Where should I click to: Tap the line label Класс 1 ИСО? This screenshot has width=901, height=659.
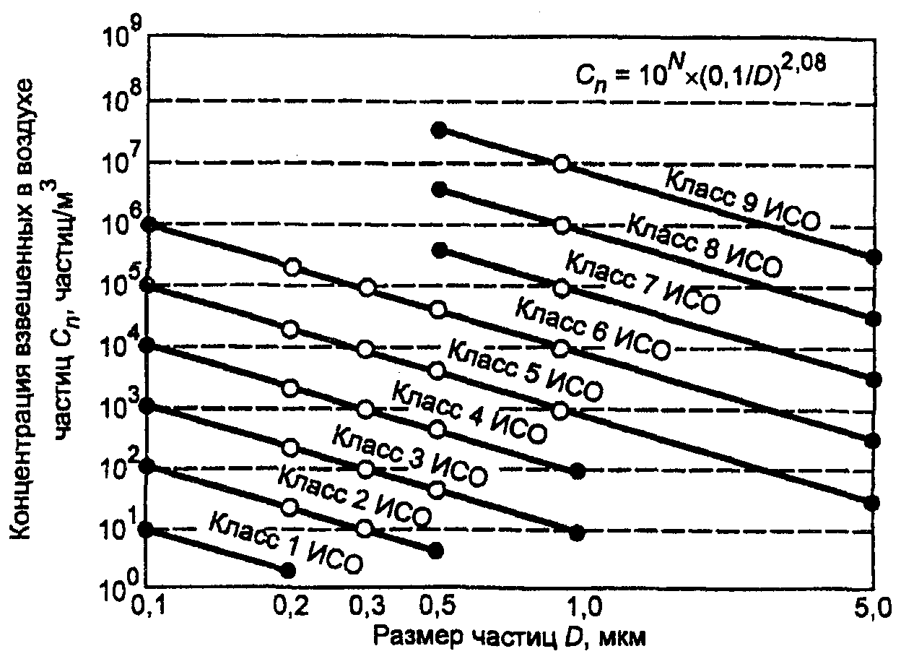[x=285, y=541]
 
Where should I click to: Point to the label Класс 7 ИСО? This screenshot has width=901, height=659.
[x=642, y=281]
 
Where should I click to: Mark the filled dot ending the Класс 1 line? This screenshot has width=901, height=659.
[x=287, y=569]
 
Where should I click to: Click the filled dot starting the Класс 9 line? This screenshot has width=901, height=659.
[x=437, y=129]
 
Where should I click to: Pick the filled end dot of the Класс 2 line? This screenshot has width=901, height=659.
[x=435, y=551]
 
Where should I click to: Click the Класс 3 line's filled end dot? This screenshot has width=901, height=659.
[x=576, y=533]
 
